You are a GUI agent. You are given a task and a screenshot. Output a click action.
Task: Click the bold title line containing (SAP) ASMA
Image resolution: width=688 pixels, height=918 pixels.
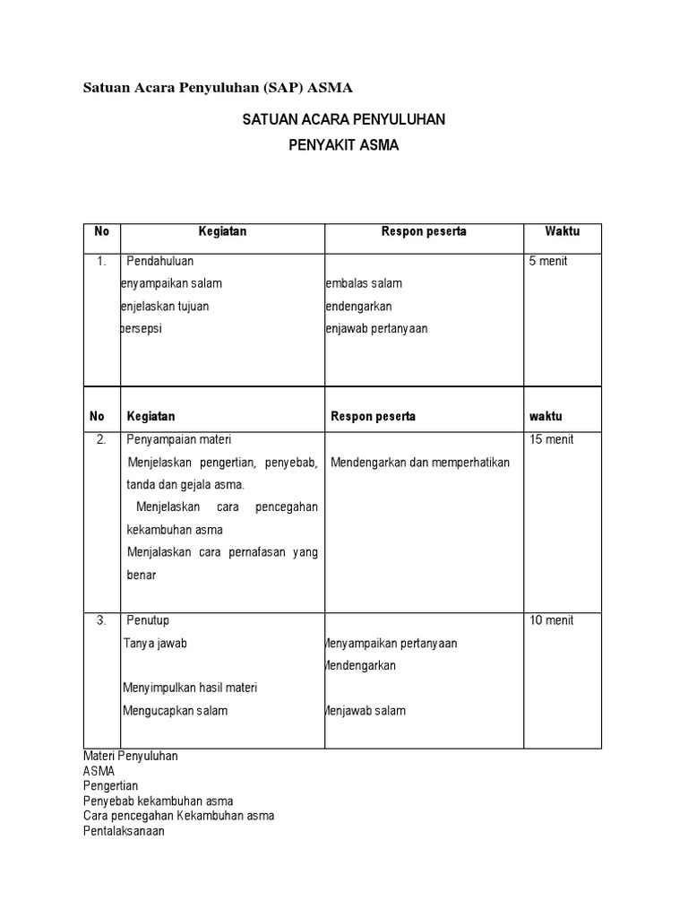(218, 88)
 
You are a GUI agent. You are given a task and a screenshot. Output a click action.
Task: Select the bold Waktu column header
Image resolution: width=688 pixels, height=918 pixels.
(562, 231)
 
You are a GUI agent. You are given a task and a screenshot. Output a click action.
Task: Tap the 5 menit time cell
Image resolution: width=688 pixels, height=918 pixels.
(547, 261)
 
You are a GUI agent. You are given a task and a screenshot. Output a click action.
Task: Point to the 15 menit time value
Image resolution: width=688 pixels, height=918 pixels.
(551, 439)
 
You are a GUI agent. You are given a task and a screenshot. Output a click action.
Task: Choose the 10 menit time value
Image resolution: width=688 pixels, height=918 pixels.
(551, 620)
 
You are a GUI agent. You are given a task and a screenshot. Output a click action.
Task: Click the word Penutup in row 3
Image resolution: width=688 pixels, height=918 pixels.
(148, 620)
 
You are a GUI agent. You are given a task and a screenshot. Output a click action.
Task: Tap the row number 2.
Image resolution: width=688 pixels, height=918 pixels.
(101, 439)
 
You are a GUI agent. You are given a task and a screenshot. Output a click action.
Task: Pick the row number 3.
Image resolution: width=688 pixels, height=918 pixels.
(101, 620)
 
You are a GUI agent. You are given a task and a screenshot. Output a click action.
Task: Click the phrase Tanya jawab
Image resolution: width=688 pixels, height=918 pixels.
(157, 644)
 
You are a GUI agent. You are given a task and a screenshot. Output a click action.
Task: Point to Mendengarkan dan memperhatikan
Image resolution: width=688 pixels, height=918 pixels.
(419, 463)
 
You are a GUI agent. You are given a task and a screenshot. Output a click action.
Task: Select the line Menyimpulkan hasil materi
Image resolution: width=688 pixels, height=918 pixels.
(189, 688)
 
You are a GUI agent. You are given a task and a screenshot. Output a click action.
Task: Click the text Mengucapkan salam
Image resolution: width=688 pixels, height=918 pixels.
(176, 711)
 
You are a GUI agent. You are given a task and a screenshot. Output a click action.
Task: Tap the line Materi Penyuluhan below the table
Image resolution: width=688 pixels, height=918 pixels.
(130, 756)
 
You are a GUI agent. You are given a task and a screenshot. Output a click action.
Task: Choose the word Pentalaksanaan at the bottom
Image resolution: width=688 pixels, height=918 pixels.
(124, 831)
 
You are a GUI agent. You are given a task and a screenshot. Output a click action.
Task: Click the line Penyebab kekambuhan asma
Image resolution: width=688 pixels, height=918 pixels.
(158, 801)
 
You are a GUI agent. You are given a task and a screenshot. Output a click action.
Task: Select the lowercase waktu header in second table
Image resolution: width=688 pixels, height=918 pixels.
(545, 417)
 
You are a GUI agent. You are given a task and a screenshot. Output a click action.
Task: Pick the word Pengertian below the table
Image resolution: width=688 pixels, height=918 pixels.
(110, 785)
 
